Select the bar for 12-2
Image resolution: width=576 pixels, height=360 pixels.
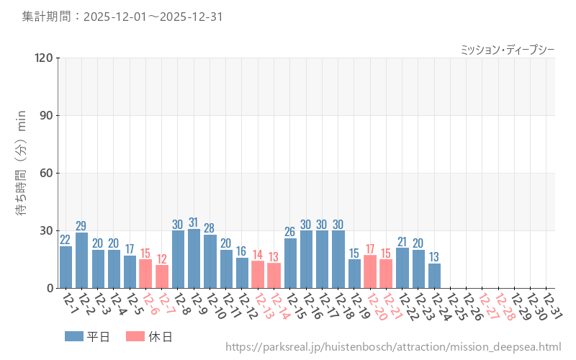point(82,261)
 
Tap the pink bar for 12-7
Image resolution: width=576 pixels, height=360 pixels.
point(162,276)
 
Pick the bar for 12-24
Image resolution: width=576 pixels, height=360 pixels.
point(434,276)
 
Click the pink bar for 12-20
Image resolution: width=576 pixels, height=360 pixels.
point(370,271)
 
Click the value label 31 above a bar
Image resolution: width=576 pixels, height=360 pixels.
point(194,222)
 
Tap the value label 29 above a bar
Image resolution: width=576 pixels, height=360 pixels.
point(82,226)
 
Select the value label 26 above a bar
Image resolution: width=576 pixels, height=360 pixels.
point(290,232)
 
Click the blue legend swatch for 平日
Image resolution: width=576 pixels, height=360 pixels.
point(74,336)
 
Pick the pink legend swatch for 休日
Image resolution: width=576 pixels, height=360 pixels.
point(135,336)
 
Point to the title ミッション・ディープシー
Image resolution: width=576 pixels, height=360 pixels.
point(507,49)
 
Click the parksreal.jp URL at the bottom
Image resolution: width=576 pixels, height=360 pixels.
point(393,347)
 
